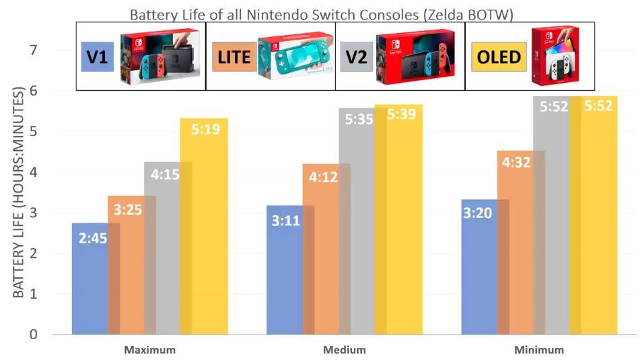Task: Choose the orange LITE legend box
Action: (x=231, y=57)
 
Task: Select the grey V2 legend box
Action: (x=356, y=57)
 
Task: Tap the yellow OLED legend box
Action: (x=499, y=57)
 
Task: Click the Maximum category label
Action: (x=149, y=350)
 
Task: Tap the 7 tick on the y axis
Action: (x=33, y=50)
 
